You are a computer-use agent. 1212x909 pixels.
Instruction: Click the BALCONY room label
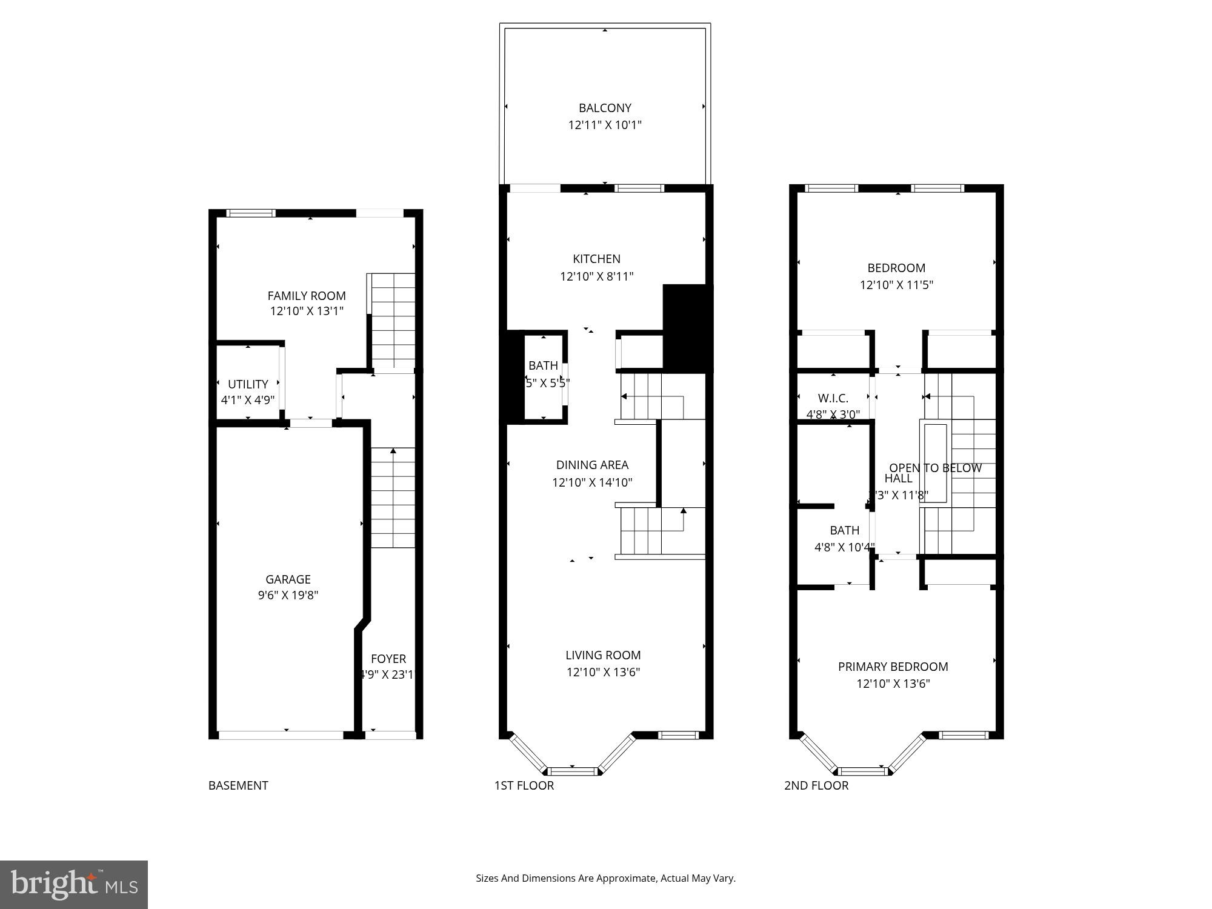[x=605, y=108]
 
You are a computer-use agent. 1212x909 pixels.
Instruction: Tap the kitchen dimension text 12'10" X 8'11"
[x=596, y=276]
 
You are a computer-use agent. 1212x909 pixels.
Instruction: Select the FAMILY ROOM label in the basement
[x=307, y=296]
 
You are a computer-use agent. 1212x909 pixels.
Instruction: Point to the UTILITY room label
[x=248, y=384]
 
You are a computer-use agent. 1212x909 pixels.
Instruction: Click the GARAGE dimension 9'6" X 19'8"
[x=288, y=595]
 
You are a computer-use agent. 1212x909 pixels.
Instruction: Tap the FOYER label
[x=388, y=659]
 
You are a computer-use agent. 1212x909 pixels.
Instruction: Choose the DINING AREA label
[x=592, y=465]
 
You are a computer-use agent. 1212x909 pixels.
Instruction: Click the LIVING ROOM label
[x=603, y=655]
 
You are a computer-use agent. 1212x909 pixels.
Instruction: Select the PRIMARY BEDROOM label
[x=893, y=667]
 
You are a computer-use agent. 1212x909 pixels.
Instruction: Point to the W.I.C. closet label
[x=833, y=398]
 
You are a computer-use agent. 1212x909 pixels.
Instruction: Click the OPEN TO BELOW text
[x=935, y=468]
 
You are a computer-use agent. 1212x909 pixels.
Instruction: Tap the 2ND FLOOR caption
[x=816, y=785]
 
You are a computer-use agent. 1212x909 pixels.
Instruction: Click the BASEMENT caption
[x=238, y=785]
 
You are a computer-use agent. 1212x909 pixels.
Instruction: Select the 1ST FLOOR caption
[x=524, y=785]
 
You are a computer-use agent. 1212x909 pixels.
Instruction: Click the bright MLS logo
[x=74, y=885]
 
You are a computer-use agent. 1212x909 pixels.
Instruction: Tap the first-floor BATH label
[x=543, y=365]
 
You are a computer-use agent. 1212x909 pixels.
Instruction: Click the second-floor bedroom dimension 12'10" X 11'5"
[x=896, y=285]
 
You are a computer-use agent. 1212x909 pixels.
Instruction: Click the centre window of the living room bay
[x=572, y=771]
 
